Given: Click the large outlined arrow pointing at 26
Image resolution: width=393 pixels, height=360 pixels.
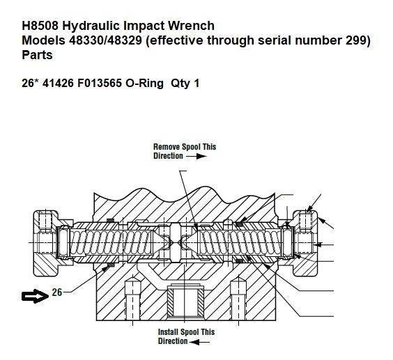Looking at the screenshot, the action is pos(35,296).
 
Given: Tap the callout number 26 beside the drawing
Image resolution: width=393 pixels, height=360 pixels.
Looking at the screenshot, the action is pos(57,292).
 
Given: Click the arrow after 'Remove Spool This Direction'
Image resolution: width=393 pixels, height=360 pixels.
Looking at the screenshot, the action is pos(196,157).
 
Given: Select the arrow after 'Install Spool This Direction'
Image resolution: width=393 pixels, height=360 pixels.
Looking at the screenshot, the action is pos(199,342).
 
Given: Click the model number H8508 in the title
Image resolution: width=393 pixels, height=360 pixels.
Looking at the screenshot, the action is pos(40,26).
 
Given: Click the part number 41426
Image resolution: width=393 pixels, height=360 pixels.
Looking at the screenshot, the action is pos(58,83).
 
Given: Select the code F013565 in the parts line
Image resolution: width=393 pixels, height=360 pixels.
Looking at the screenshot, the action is pos(100,83).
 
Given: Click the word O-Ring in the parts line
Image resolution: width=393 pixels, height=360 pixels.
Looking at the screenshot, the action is pos(144,83).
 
